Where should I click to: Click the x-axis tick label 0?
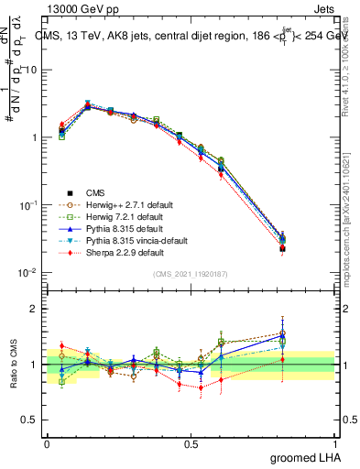coord(47,442)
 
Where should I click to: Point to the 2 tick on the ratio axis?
coord(33,310)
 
